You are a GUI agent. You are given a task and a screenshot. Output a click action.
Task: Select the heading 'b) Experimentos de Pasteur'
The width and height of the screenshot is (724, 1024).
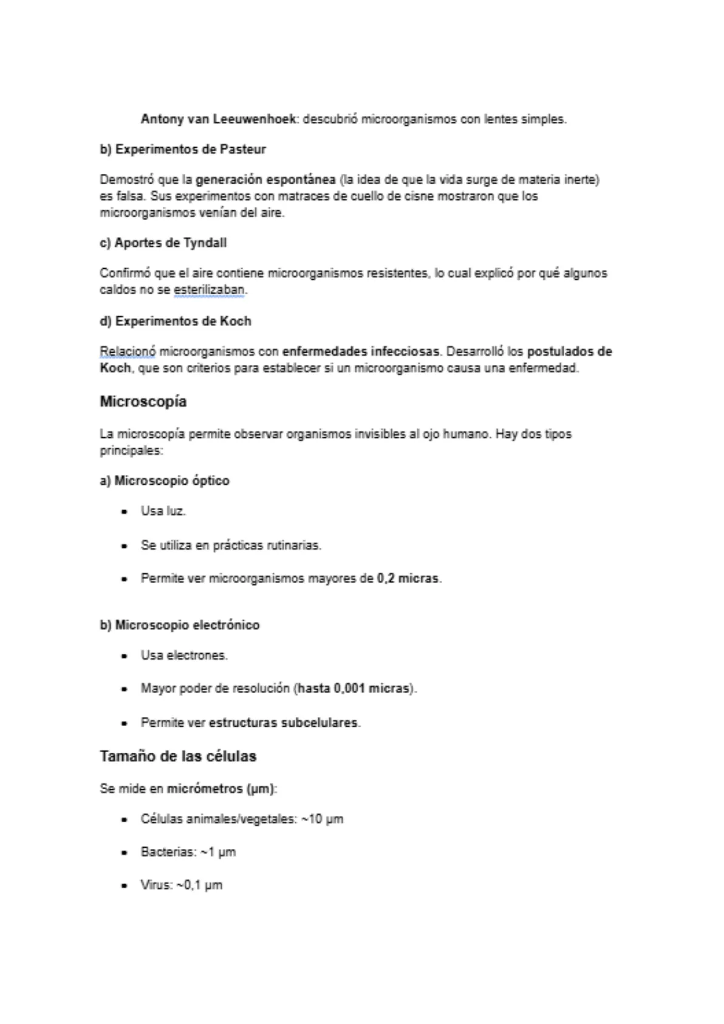pyautogui.click(x=183, y=150)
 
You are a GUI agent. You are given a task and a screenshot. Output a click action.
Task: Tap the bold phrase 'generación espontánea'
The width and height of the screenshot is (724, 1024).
pyautogui.click(x=265, y=180)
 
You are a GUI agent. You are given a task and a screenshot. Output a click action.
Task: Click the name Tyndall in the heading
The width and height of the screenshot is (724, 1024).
pyautogui.click(x=205, y=243)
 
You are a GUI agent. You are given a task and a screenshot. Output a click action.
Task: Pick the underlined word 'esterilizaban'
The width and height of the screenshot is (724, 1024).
pyautogui.click(x=209, y=291)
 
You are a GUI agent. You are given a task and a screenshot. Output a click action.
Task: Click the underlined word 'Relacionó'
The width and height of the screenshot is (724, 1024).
pyautogui.click(x=128, y=351)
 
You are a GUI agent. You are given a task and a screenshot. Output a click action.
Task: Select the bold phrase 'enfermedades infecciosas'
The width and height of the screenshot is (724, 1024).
pyautogui.click(x=361, y=351)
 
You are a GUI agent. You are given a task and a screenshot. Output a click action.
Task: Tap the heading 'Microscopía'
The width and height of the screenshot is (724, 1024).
pyautogui.click(x=143, y=402)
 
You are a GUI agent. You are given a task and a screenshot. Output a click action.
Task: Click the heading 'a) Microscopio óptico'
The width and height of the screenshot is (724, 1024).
pyautogui.click(x=165, y=481)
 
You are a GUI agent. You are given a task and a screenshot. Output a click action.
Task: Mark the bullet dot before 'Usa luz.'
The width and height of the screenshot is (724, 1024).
pyautogui.click(x=125, y=512)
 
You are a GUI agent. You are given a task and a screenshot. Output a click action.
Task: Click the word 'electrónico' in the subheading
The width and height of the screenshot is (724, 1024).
pyautogui.click(x=226, y=625)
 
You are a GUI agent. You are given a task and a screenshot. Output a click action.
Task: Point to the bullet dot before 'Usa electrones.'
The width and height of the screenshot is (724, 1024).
pyautogui.click(x=125, y=656)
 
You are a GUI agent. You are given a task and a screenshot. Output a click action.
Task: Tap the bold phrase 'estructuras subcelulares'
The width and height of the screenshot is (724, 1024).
pyautogui.click(x=283, y=723)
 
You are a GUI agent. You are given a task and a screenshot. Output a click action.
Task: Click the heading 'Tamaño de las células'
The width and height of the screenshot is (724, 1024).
pyautogui.click(x=178, y=756)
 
